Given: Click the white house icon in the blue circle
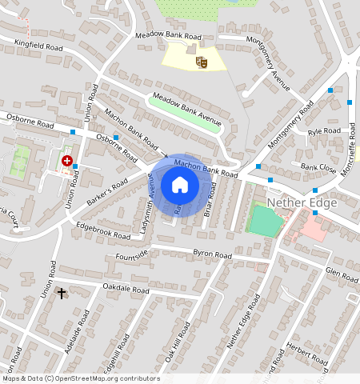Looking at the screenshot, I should pos(180,186).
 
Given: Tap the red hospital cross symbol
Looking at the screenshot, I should pos(66,161).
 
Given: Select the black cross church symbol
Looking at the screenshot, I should pos(62,294).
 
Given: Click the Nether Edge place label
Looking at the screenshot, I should pos(302,202).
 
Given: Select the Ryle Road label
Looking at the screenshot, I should pos(324,130).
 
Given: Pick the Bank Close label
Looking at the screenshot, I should pos(318,168).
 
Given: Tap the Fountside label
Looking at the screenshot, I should pos(132,255).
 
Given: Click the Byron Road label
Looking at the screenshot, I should pos(212,254).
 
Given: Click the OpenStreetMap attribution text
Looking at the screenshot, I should pos(81,378).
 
